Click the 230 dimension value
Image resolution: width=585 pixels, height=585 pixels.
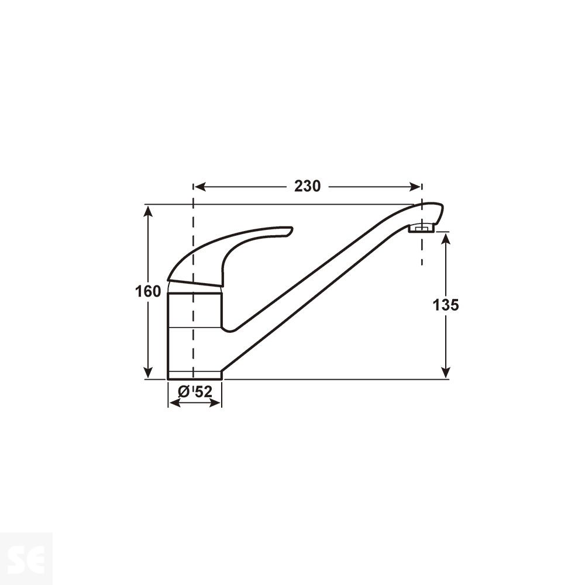pyautogui.click(x=307, y=187)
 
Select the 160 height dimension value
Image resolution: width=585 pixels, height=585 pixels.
pyautogui.click(x=149, y=291)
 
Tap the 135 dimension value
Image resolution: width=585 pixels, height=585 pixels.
pyautogui.click(x=446, y=305)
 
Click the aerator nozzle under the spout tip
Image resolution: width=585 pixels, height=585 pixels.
pyautogui.click(x=421, y=228)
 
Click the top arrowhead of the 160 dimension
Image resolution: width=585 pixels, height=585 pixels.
pyautogui.click(x=149, y=211)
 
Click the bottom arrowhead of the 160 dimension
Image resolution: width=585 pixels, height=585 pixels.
pyautogui.click(x=149, y=373)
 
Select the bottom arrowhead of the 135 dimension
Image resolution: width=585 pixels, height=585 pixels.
pyautogui.click(x=446, y=373)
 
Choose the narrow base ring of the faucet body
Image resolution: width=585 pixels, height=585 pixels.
pyautogui.click(x=194, y=375)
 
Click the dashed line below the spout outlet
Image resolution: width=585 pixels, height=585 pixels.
pyautogui.click(x=421, y=252)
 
